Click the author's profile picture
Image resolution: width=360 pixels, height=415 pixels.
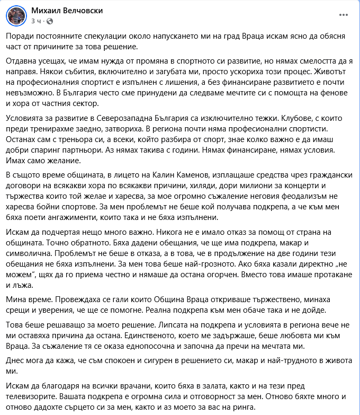16,16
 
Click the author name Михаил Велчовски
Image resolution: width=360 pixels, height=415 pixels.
67,11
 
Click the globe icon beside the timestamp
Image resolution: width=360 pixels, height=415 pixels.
50,21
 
